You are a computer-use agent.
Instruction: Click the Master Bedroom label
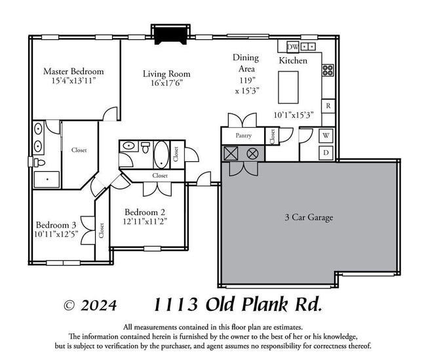click(73, 71)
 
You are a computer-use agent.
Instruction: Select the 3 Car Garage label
click(309, 217)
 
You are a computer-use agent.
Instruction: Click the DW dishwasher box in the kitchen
click(292, 47)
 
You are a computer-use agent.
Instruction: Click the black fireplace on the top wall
click(170, 33)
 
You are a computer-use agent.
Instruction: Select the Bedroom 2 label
click(145, 212)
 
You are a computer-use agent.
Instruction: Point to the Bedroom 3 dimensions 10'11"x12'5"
click(56, 233)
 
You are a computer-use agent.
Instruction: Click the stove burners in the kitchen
click(327, 70)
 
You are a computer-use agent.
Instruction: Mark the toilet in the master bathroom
click(40, 162)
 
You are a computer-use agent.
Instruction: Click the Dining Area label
click(246, 63)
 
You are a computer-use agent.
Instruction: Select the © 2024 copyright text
click(90, 305)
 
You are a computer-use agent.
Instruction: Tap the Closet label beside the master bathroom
click(79, 150)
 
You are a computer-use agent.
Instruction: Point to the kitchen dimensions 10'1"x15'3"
click(294, 114)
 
